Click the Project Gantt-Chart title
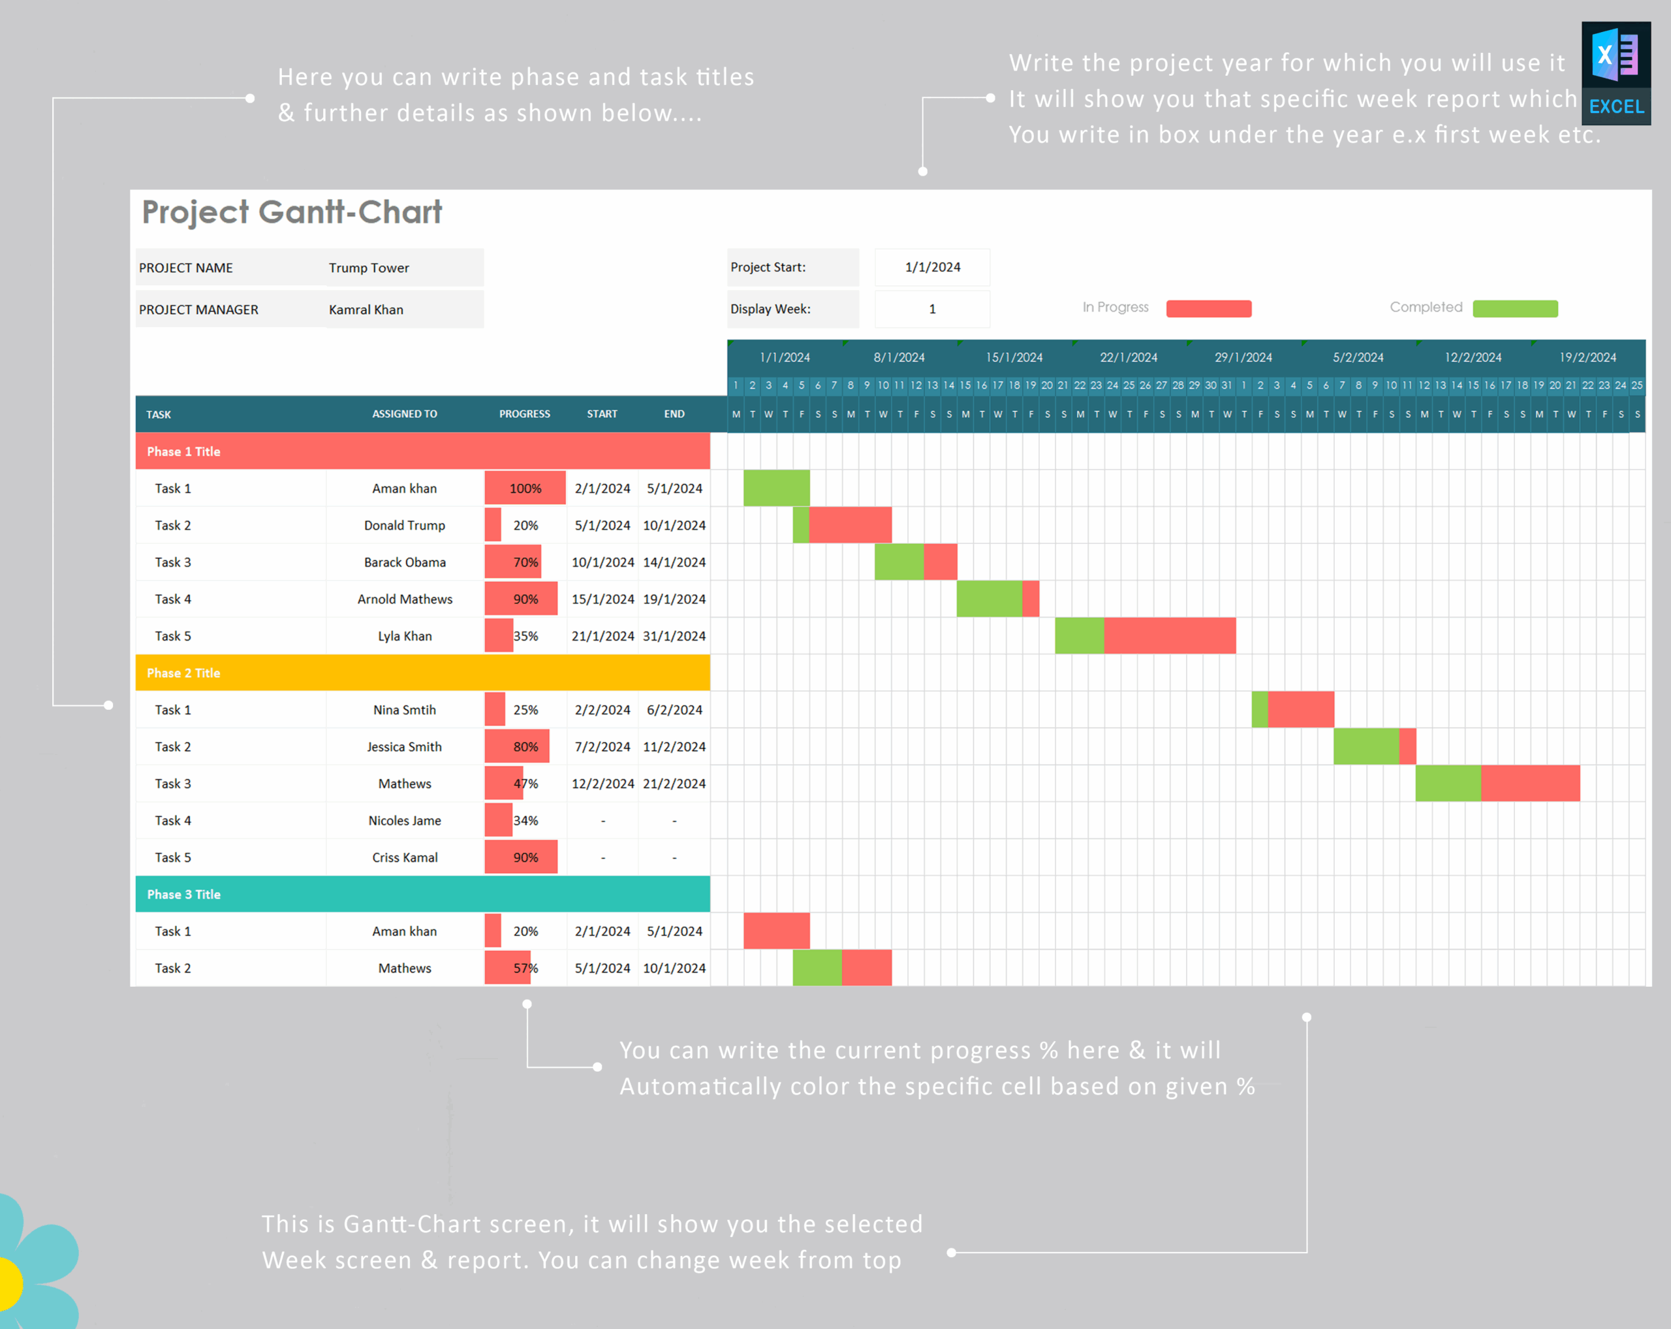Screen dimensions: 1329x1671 pyautogui.click(x=291, y=212)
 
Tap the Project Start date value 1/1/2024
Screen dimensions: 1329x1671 pyautogui.click(x=932, y=266)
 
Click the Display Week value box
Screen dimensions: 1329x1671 pyautogui.click(x=932, y=309)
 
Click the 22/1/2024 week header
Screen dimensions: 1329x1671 pyautogui.click(x=1129, y=357)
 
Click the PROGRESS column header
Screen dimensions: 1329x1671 pyautogui.click(x=525, y=414)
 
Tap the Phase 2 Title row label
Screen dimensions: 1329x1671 pyautogui.click(x=183, y=673)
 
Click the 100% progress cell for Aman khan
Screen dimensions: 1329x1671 pyautogui.click(x=525, y=488)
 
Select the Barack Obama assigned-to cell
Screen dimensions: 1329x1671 pyautogui.click(x=405, y=562)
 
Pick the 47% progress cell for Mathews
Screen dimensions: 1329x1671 pyautogui.click(x=525, y=784)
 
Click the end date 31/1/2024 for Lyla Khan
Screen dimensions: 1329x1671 pyautogui.click(x=674, y=636)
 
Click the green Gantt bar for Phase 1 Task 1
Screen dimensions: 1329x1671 pyautogui.click(x=777, y=488)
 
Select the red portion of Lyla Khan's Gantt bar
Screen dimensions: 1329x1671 pyautogui.click(x=1169, y=636)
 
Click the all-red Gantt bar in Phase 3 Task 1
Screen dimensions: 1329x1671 pyautogui.click(x=777, y=931)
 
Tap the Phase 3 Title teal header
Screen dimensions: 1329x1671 pyautogui.click(x=422, y=894)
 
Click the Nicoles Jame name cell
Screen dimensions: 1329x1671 pyautogui.click(x=405, y=820)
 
